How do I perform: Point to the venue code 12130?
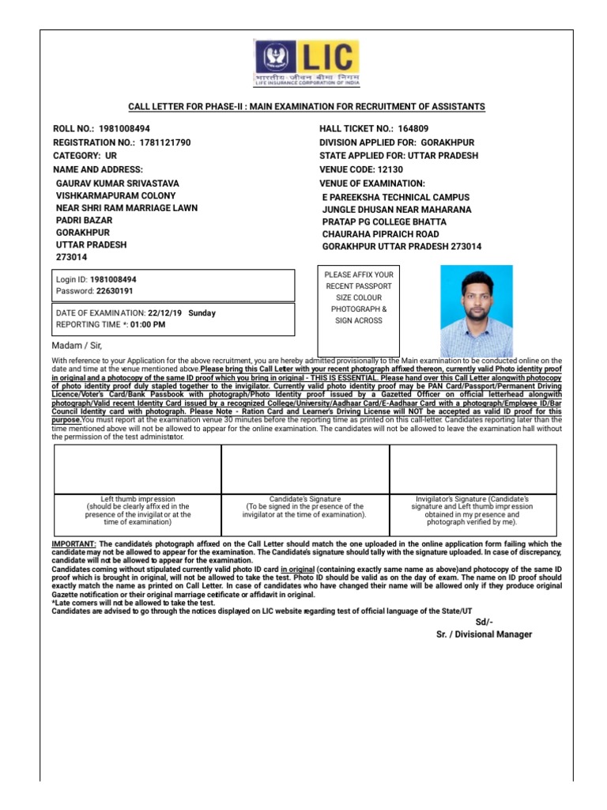pyautogui.click(x=385, y=169)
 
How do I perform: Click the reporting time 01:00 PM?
pyautogui.click(x=147, y=324)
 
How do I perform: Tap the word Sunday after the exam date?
pyautogui.click(x=202, y=313)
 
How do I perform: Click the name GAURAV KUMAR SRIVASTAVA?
pyautogui.click(x=118, y=183)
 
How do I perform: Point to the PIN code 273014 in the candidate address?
pyautogui.click(x=72, y=258)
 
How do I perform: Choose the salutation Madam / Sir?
pyautogui.click(x=77, y=346)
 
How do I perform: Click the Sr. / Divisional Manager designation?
pyautogui.click(x=484, y=634)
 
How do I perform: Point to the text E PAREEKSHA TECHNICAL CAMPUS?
pyautogui.click(x=395, y=197)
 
